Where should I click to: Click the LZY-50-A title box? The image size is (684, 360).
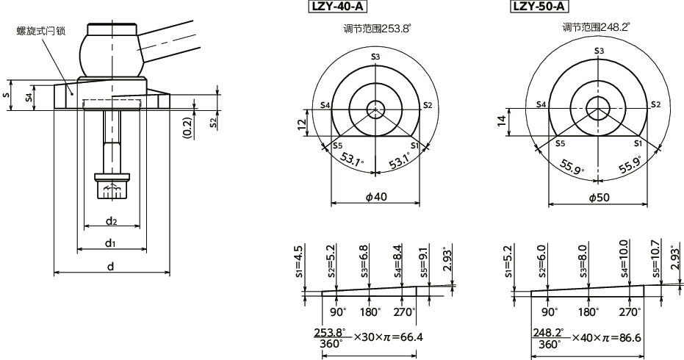coord(539,7)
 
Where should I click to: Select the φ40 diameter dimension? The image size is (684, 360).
coord(375,197)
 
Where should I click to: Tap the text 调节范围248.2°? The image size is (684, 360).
coord(596,28)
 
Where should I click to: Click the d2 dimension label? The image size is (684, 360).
coord(111,220)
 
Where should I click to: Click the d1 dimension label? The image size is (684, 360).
coord(110,242)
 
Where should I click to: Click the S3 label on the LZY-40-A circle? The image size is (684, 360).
coord(375,57)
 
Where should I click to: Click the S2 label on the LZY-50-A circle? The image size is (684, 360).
coord(656,104)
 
